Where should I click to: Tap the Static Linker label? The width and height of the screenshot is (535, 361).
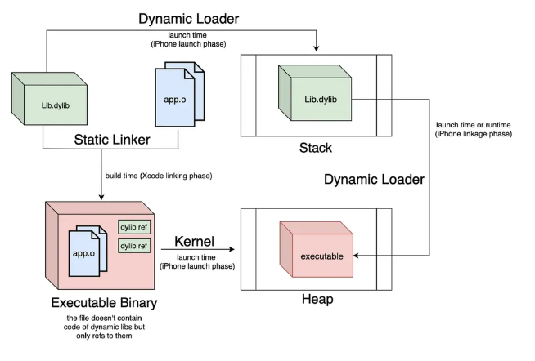coord(111,140)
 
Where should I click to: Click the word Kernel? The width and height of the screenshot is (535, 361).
coord(194,243)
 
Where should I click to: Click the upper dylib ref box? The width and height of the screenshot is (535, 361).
coord(134,226)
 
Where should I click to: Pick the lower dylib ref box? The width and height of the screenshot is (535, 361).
coord(134,245)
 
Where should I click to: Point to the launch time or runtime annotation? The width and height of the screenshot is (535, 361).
coord(474,128)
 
